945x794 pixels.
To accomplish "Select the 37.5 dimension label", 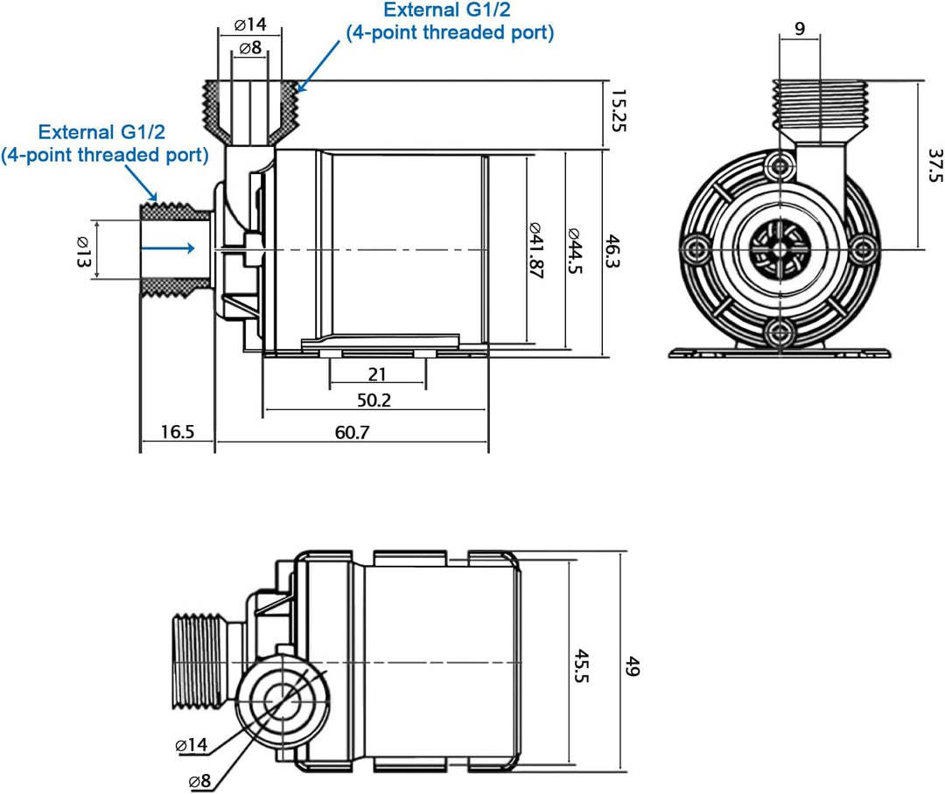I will click(934, 164).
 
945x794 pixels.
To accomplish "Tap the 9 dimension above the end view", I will click(800, 28).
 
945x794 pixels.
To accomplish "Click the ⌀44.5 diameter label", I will click(574, 252).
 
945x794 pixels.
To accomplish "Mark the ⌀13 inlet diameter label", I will click(83, 252).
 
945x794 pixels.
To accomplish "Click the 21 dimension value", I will click(377, 375).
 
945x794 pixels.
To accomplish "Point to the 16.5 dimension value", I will click(177, 432).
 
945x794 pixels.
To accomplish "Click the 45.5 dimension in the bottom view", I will click(582, 666).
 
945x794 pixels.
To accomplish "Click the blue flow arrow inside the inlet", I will click(169, 248).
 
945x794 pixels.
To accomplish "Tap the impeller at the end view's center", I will click(780, 249).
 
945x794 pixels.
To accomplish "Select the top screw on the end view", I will click(780, 166).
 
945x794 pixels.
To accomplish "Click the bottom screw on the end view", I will click(780, 331).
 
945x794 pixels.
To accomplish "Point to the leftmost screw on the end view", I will click(696, 249).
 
